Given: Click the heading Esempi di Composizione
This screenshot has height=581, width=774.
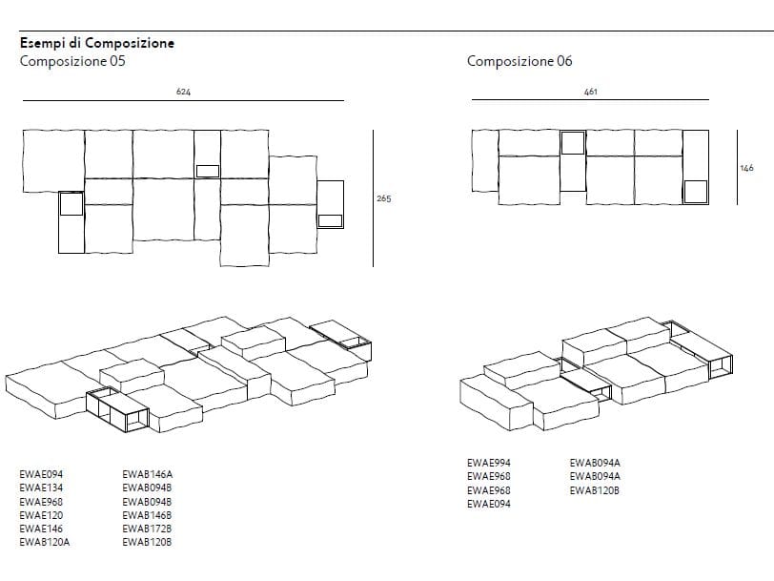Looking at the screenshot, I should click(x=96, y=43).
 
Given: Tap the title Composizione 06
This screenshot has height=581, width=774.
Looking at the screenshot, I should click(x=519, y=61).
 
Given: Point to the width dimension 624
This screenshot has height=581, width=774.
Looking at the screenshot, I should click(x=183, y=93).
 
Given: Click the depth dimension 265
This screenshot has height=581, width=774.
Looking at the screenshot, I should click(x=384, y=198).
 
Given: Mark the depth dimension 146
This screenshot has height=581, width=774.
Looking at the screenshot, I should click(x=746, y=168).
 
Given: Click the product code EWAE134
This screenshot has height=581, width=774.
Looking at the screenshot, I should click(x=41, y=487).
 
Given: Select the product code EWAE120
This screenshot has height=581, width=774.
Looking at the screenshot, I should click(x=41, y=514).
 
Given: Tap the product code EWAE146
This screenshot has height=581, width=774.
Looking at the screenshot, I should click(x=41, y=528).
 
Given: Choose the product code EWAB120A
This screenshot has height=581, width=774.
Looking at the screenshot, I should click(x=45, y=542).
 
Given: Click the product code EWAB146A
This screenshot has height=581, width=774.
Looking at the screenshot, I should click(x=148, y=473).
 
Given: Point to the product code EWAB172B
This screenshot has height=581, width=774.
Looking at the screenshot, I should click(x=148, y=528).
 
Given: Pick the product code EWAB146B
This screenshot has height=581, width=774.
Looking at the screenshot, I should click(x=148, y=514).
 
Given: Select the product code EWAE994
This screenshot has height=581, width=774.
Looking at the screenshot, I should click(x=489, y=463).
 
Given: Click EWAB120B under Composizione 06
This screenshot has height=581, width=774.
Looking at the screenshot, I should click(x=595, y=490).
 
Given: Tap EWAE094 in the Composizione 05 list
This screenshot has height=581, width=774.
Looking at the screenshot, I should click(x=41, y=473).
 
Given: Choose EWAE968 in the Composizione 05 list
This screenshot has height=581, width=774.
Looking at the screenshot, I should click(x=41, y=501).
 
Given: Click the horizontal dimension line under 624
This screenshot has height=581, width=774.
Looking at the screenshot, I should click(x=183, y=100).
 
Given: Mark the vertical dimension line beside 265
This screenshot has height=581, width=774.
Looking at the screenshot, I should click(x=373, y=198).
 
